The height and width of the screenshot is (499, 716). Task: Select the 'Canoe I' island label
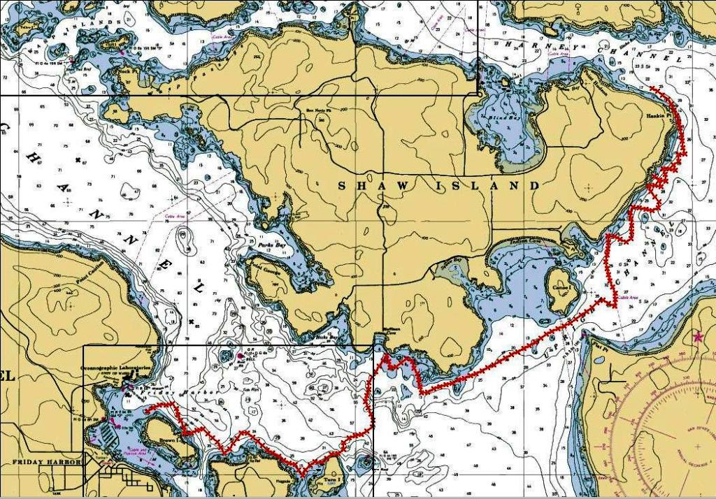tap(561, 287)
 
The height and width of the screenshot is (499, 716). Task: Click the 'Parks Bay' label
tap(265, 246)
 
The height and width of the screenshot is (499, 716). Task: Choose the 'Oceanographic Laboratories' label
tap(116, 368)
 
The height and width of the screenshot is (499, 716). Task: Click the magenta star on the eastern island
tap(697, 337)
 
